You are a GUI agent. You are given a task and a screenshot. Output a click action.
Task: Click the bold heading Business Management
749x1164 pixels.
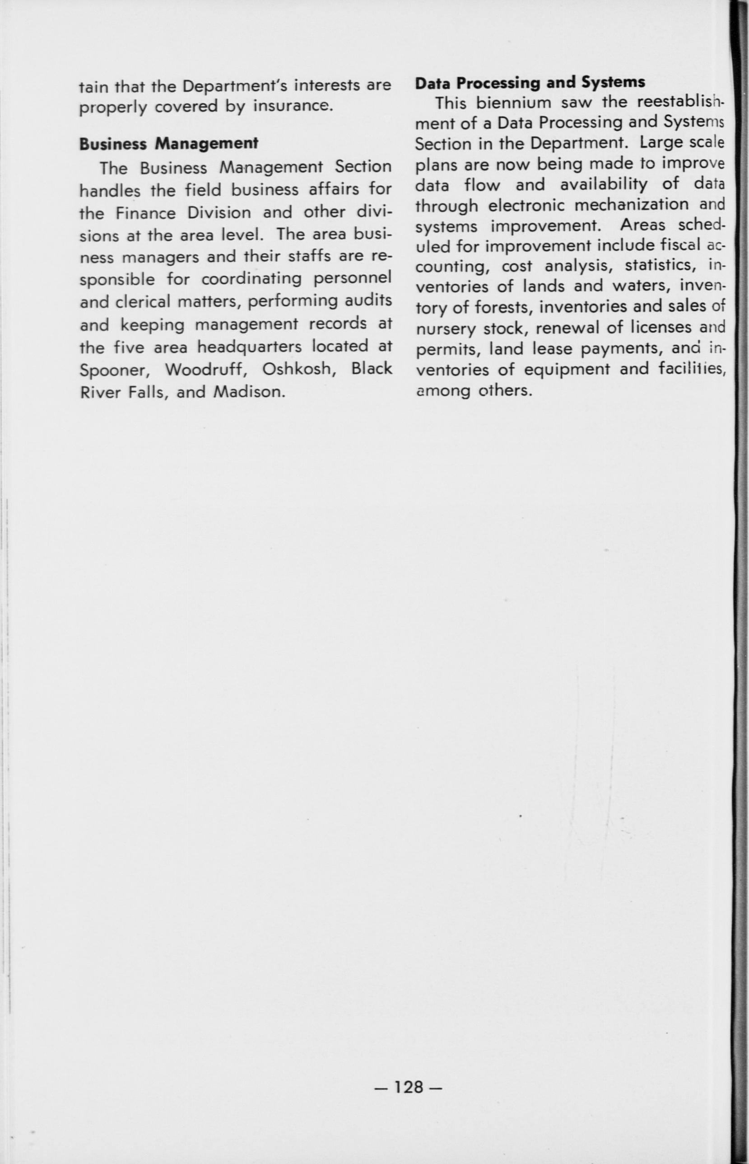pos(168,143)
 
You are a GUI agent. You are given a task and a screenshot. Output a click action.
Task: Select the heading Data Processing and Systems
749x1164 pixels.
pos(530,82)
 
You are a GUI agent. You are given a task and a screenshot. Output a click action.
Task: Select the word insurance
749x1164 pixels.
pos(293,106)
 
